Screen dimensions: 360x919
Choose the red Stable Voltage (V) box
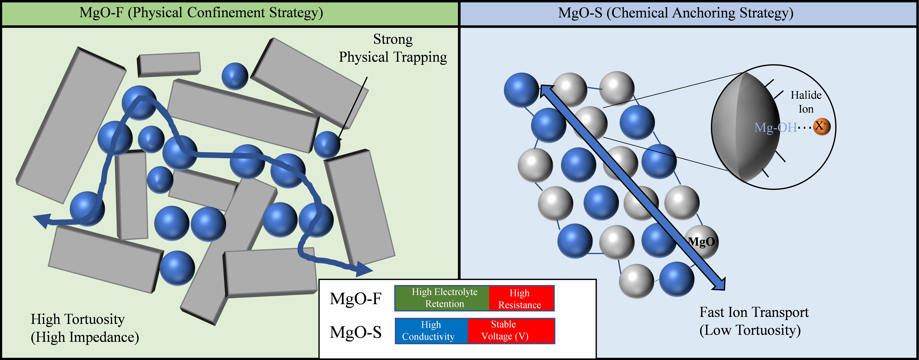point(510,331)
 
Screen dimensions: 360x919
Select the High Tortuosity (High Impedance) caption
point(85,328)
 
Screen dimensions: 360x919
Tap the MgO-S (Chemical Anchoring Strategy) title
point(675,13)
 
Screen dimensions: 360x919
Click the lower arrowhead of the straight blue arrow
point(719,284)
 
